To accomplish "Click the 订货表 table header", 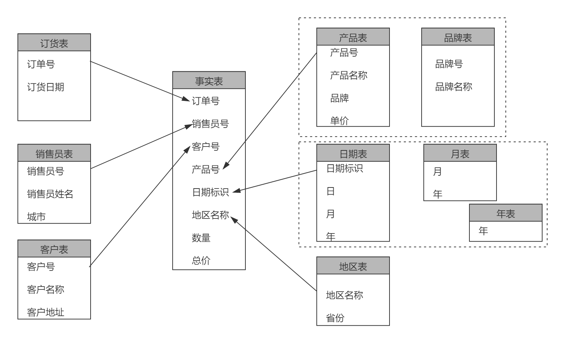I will pyautogui.click(x=54, y=43).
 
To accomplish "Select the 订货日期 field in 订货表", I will pyautogui.click(x=46, y=87).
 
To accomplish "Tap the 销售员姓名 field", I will pyautogui.click(x=50, y=194).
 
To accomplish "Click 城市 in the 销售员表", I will pyautogui.click(x=36, y=216).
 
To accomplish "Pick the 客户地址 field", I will pyautogui.click(x=46, y=312).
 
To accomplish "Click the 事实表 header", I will pyautogui.click(x=209, y=81).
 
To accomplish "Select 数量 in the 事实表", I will pyautogui.click(x=201, y=238).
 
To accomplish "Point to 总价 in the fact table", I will pyautogui.click(x=201, y=261).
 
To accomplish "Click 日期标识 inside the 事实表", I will pyautogui.click(x=210, y=192).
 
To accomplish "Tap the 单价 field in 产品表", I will pyautogui.click(x=339, y=120).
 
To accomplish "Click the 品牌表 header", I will pyautogui.click(x=458, y=37).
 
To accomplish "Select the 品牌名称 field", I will pyautogui.click(x=453, y=87).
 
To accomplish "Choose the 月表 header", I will pyautogui.click(x=460, y=154).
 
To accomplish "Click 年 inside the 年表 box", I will pyautogui.click(x=483, y=231).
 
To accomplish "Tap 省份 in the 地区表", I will pyautogui.click(x=335, y=318).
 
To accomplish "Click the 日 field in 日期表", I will pyautogui.click(x=331, y=191).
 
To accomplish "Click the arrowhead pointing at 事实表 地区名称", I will pyautogui.click(x=234, y=219).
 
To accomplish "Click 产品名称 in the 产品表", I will pyautogui.click(x=348, y=75).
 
